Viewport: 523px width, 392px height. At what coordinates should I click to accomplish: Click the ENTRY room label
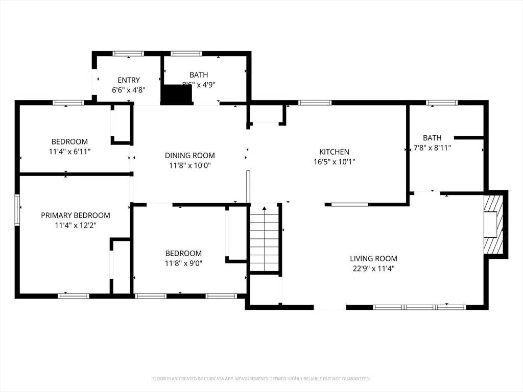pos(129,80)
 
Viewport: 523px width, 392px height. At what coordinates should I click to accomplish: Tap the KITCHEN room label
pos(334,152)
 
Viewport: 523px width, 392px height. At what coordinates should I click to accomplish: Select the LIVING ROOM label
pos(373,259)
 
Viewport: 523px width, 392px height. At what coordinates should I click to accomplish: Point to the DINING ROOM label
pos(189,155)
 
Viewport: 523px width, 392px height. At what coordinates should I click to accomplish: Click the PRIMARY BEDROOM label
pos(76,215)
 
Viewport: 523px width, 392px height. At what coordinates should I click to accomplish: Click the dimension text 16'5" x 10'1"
pos(334,162)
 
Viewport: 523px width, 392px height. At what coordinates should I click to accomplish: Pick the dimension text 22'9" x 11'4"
pos(373,268)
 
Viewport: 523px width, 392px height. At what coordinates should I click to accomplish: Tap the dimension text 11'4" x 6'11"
pos(69,152)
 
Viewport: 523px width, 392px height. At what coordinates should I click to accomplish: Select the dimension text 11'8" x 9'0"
pos(183,263)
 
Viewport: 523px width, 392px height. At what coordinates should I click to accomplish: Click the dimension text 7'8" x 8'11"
pos(432,148)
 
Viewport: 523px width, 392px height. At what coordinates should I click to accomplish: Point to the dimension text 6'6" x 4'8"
pos(129,90)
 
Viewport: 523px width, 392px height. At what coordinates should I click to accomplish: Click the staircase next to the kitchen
pos(264,240)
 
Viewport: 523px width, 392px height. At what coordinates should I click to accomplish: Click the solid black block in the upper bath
pos(176,94)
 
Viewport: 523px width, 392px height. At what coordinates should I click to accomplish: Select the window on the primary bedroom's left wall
pos(17,210)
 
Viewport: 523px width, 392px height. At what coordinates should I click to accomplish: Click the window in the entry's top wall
pos(128,53)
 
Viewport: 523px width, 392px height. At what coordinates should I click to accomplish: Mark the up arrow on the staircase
pos(264,208)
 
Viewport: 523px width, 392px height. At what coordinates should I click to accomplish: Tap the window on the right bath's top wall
pos(442,103)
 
